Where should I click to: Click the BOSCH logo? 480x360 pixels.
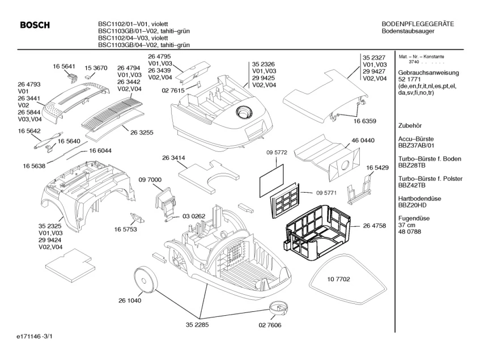coord(35,25)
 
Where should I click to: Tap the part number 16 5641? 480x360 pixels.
coord(65,66)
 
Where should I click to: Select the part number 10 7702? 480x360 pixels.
coord(339,279)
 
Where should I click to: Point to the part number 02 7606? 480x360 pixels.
coord(270,325)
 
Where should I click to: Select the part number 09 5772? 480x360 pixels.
coord(277,153)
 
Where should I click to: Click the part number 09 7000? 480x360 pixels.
coord(149,179)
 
